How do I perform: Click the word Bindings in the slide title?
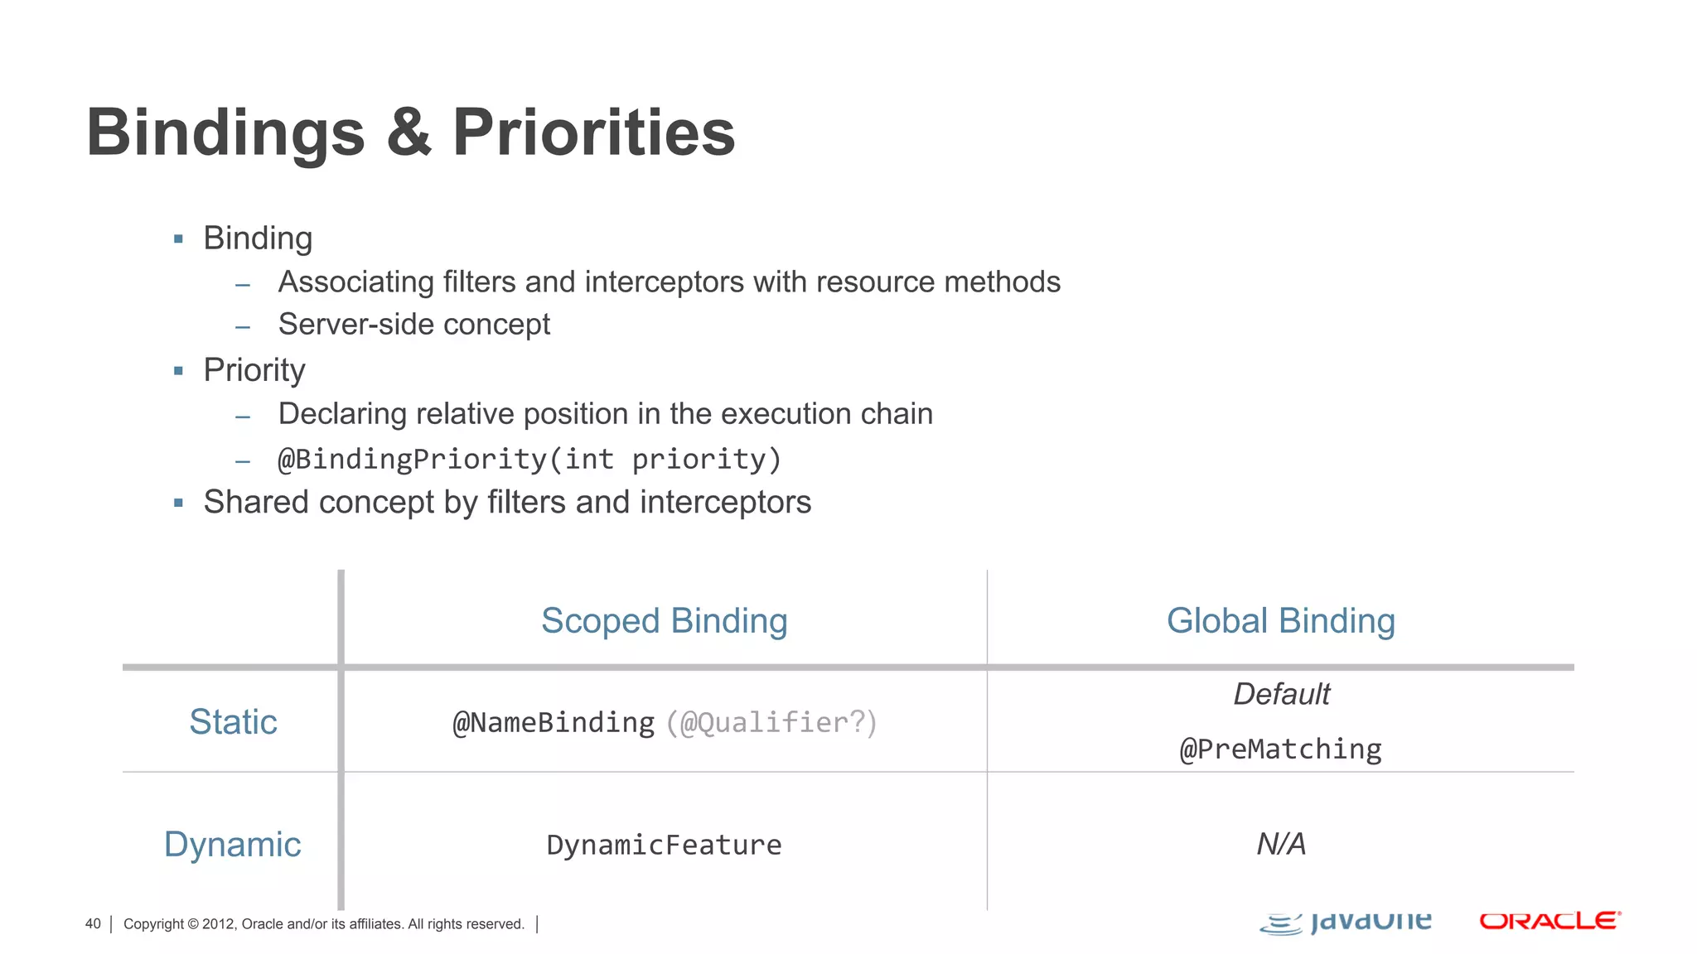pyautogui.click(x=225, y=132)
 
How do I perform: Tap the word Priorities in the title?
pyautogui.click(x=593, y=132)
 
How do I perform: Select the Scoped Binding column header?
pyautogui.click(x=664, y=621)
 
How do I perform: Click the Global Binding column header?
pyautogui.click(x=1280, y=621)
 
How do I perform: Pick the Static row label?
pyautogui.click(x=233, y=722)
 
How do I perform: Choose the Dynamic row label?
pyautogui.click(x=232, y=845)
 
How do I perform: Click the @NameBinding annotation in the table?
pyautogui.click(x=554, y=723)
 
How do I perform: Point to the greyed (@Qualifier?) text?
pyautogui.click(x=771, y=723)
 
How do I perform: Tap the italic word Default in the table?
pyautogui.click(x=1281, y=694)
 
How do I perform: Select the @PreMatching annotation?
pyautogui.click(x=1280, y=749)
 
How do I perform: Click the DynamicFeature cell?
pyautogui.click(x=664, y=845)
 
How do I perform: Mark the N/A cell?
pyautogui.click(x=1281, y=845)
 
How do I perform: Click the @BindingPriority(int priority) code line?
pyautogui.click(x=529, y=460)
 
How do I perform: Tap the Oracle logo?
pyautogui.click(x=1550, y=921)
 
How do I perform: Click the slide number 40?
pyautogui.click(x=93, y=924)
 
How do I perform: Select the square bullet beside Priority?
pyautogui.click(x=178, y=371)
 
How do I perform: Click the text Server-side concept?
pyautogui.click(x=413, y=325)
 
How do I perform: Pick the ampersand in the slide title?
pyautogui.click(x=409, y=132)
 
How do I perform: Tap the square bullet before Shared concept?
pyautogui.click(x=178, y=503)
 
